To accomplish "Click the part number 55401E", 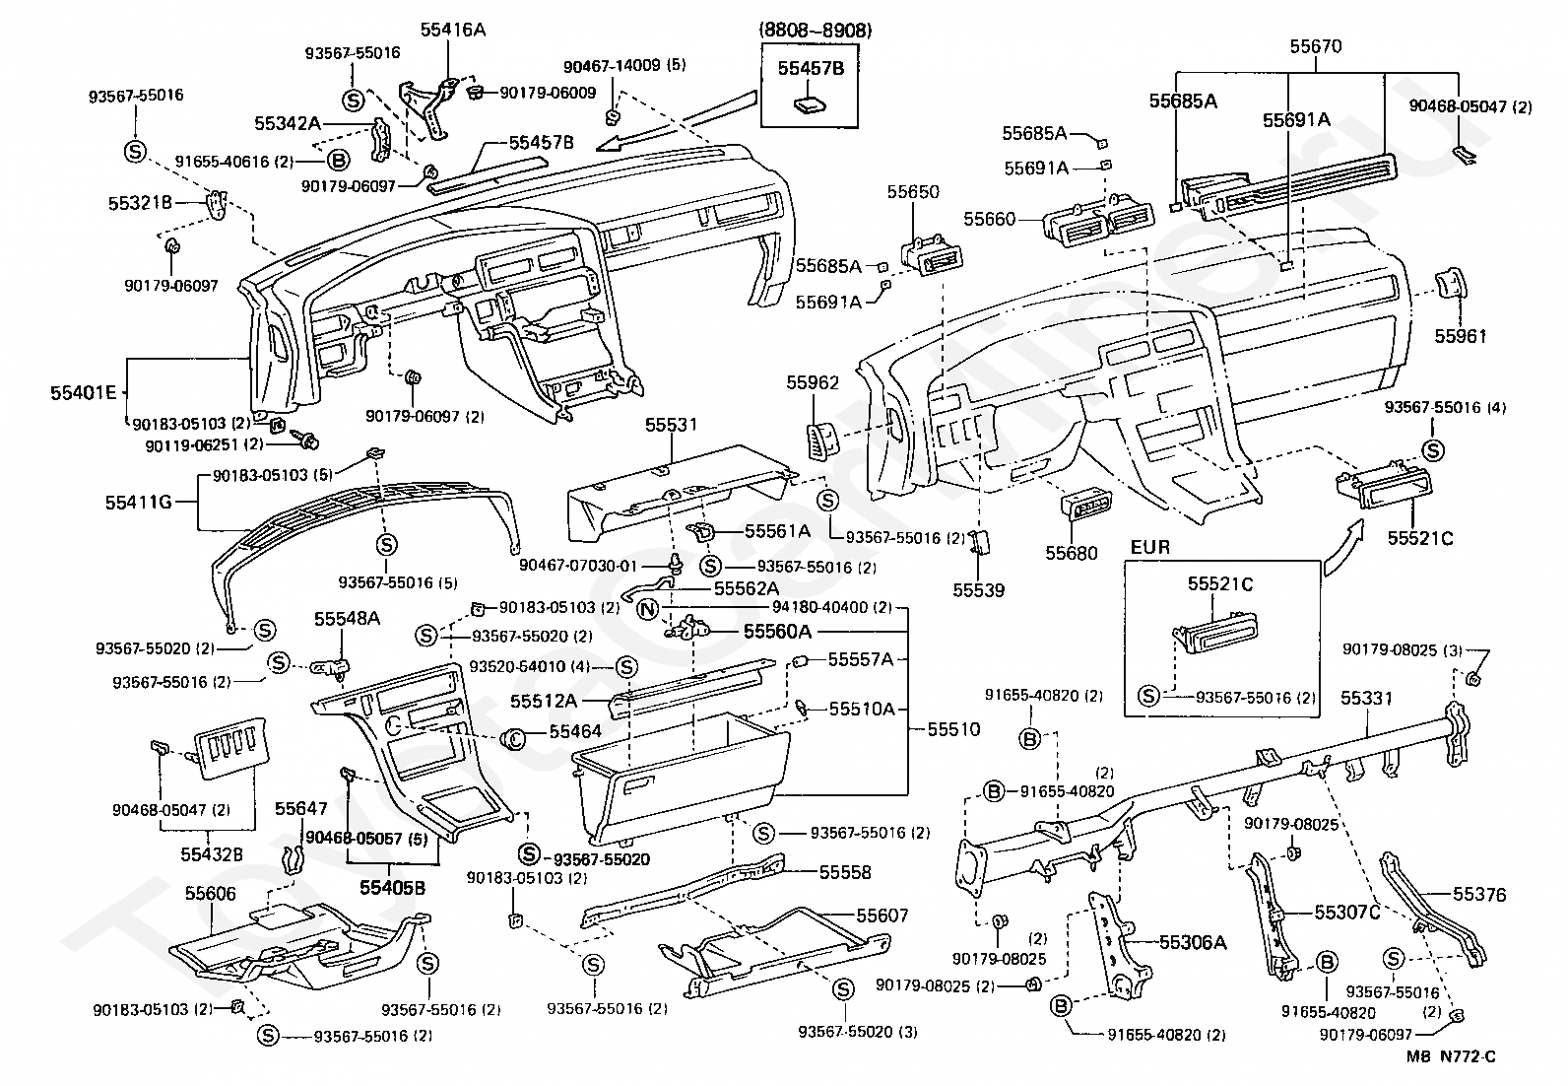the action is [84, 393].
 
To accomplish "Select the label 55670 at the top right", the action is [1315, 47].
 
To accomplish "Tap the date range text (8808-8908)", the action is [815, 31].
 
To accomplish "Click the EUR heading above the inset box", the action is [1150, 547].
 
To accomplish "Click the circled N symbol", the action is [647, 610].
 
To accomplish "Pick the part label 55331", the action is [1366, 698].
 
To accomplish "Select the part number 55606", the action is [210, 894].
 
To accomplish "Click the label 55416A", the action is [452, 30].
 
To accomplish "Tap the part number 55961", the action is [1461, 336].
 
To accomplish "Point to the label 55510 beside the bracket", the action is [953, 729].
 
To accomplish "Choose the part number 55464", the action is [574, 731].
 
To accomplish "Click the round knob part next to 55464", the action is [514, 737].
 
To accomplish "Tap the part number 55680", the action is [1071, 553].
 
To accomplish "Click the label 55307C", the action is [1346, 913].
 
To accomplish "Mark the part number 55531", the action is [672, 425].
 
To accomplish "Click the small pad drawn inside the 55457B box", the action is [810, 105].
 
